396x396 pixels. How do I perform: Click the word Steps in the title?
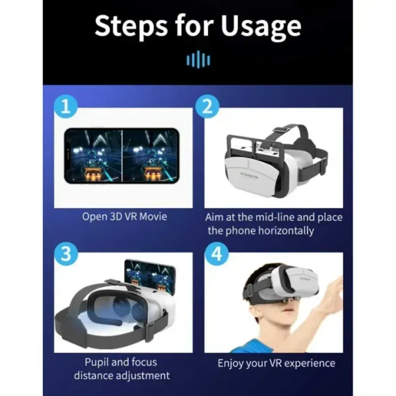tap(132, 26)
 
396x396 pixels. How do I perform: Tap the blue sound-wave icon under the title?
tap(198, 61)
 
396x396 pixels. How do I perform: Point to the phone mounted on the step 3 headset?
tap(149, 275)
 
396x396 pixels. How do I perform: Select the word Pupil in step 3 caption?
tap(98, 362)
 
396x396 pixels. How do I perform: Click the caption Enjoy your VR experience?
tap(277, 363)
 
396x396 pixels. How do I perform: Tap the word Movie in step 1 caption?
tap(152, 216)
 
